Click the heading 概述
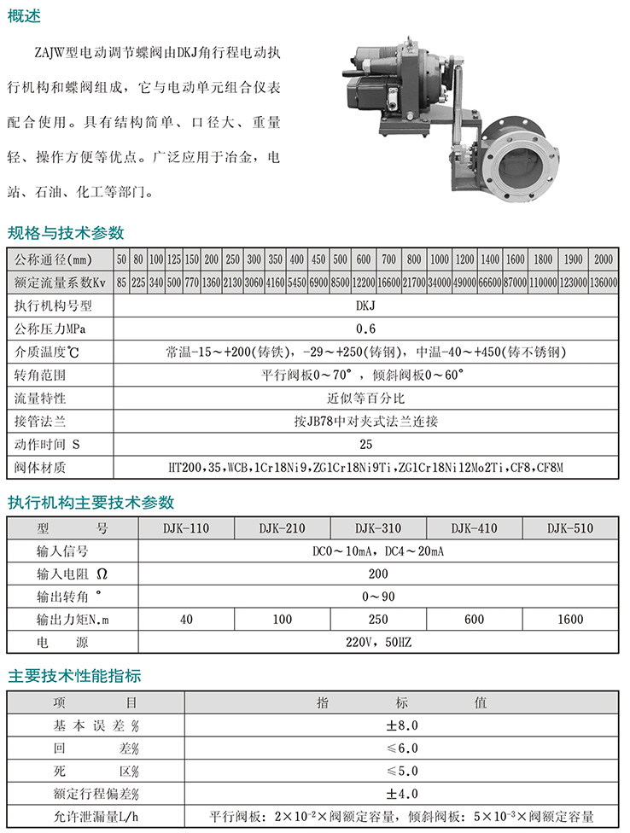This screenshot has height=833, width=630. [24, 16]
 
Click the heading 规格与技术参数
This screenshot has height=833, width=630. [66, 233]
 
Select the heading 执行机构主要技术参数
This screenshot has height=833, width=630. [90, 502]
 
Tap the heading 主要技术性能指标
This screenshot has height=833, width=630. [74, 676]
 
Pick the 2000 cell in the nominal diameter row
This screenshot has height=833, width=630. [603, 259]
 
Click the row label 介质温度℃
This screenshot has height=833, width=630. [48, 352]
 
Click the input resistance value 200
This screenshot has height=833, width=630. [377, 574]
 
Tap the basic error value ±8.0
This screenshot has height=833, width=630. [401, 725]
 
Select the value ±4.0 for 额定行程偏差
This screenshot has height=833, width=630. [401, 794]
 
